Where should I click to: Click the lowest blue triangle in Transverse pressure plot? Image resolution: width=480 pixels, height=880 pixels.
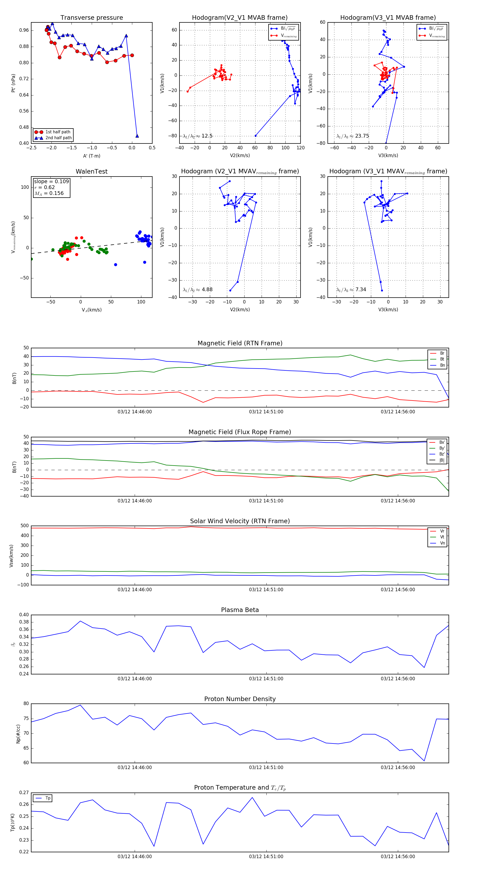(137, 136)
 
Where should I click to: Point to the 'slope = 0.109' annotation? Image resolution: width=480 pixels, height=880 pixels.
(51, 181)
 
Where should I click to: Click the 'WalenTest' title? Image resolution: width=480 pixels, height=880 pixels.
(91, 171)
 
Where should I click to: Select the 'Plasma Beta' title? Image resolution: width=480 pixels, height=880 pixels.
(240, 610)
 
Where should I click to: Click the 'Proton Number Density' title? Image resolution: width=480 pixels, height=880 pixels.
(240, 699)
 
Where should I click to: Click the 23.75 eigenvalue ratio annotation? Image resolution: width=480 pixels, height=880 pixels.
(353, 136)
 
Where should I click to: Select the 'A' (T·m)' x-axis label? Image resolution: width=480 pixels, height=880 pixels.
(91, 156)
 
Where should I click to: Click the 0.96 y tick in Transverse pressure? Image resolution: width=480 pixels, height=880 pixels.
(24, 30)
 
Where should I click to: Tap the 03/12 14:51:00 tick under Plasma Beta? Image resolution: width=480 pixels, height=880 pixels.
(266, 678)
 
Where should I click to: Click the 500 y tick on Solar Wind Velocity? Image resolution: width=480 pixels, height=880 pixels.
(25, 526)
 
